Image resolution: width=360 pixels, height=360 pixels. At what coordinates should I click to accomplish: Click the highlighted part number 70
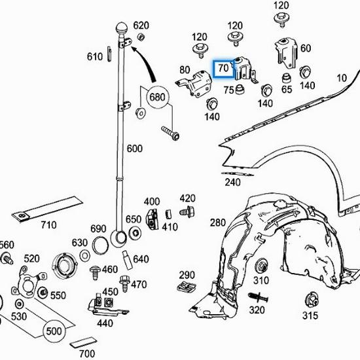[223, 68]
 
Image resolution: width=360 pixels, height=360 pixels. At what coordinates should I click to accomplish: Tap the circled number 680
[157, 97]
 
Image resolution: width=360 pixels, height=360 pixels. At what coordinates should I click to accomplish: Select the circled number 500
[54, 331]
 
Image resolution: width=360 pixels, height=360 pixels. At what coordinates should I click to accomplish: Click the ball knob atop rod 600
[122, 27]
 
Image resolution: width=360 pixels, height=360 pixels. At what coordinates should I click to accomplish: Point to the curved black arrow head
[135, 49]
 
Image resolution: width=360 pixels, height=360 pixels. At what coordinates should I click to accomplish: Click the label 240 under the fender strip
[233, 183]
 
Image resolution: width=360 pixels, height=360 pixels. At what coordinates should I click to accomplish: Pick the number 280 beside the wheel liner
[218, 223]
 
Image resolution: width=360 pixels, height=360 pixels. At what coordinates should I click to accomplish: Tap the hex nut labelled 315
[312, 299]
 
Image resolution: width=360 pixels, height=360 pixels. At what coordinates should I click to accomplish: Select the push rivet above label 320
[259, 298]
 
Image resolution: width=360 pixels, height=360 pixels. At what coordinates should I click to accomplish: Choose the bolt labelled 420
[187, 211]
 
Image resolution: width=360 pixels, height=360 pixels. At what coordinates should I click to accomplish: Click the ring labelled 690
[100, 245]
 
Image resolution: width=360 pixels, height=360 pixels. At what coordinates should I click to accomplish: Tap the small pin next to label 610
[109, 54]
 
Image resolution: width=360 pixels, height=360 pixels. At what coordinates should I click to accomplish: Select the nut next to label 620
[141, 37]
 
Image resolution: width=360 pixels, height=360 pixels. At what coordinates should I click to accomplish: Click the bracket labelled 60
[285, 53]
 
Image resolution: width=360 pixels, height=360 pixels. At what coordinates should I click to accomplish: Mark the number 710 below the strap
[48, 225]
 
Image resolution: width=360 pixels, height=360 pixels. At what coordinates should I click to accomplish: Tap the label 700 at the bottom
[87, 354]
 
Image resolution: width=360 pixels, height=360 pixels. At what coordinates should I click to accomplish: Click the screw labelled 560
[7, 259]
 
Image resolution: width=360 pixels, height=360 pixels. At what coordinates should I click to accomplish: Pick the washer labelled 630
[84, 255]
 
